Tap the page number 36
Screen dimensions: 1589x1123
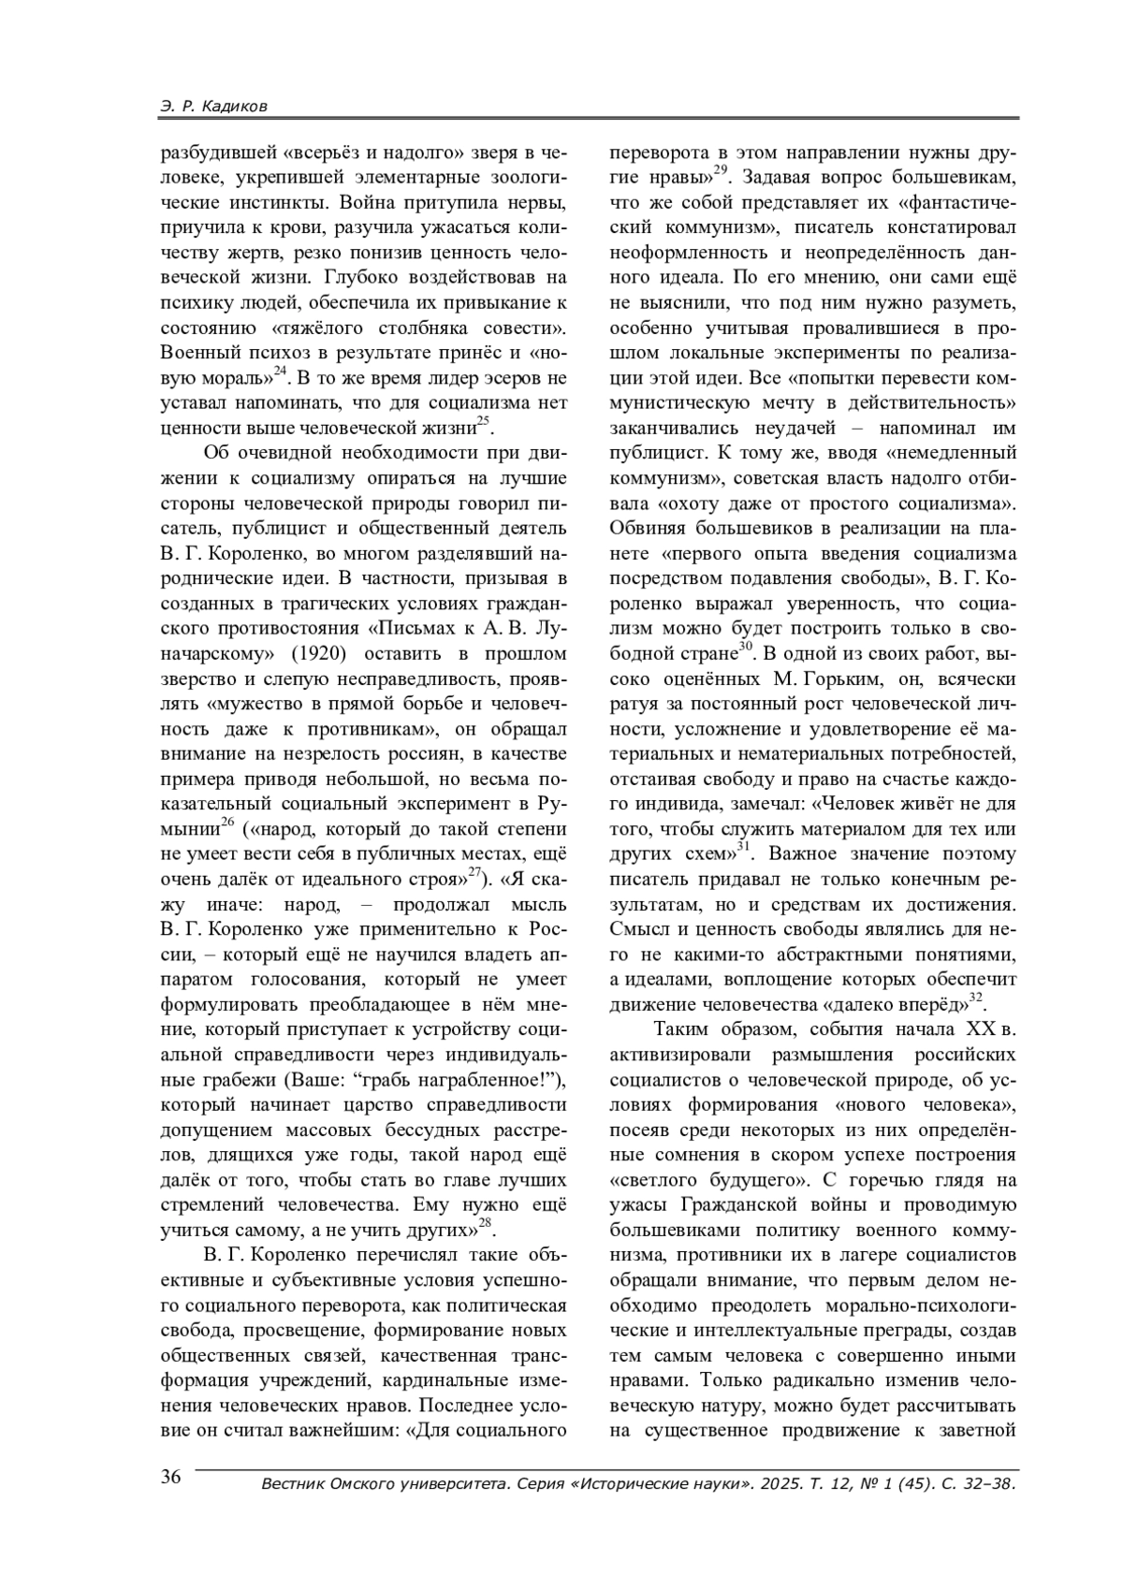[x=171, y=1478]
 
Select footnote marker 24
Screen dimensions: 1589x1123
[x=280, y=370]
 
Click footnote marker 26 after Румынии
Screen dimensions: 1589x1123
[x=226, y=822]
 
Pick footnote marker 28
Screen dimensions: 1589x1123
[x=485, y=1221]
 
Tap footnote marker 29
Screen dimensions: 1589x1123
[x=721, y=169]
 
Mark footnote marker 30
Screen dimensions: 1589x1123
[x=746, y=645]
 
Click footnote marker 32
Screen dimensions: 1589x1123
[x=975, y=999]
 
